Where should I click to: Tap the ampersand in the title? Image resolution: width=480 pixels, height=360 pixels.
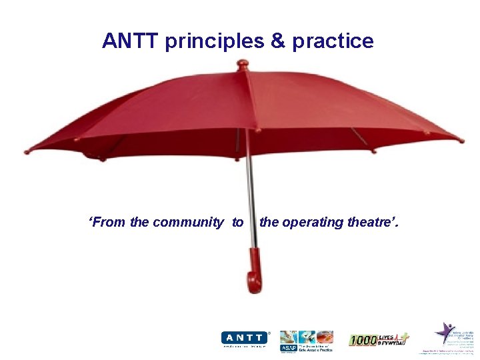[x=277, y=41]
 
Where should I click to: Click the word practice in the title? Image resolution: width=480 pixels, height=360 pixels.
[x=333, y=42]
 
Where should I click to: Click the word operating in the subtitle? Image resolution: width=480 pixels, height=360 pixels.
[x=309, y=223]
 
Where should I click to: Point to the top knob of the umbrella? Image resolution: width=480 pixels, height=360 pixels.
[x=242, y=65]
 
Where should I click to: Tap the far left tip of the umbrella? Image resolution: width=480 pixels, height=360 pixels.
[x=27, y=151]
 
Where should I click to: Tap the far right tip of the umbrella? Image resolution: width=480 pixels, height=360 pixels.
[x=461, y=140]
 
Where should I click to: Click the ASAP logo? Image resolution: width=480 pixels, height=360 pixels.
[x=307, y=341]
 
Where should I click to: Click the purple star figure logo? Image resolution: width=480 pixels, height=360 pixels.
[x=445, y=332]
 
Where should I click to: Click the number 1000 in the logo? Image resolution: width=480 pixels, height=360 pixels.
[x=363, y=340]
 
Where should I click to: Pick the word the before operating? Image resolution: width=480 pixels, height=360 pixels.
[x=269, y=223]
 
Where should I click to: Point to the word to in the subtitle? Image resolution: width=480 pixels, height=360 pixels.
[x=238, y=223]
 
